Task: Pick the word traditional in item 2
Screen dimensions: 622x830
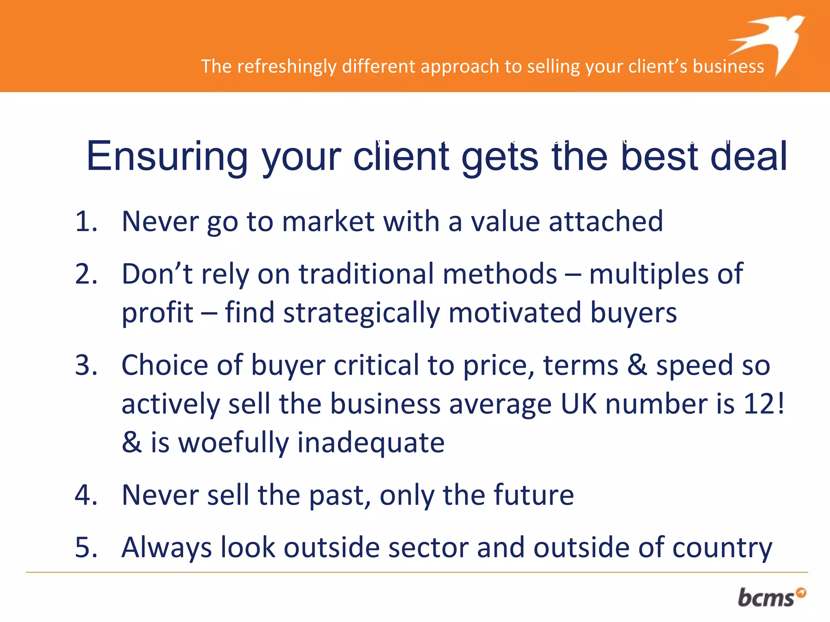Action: (x=367, y=274)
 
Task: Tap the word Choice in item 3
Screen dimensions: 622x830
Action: (x=165, y=365)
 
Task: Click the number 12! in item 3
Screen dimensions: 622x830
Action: (x=764, y=404)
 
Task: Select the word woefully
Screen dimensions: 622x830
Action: (x=233, y=443)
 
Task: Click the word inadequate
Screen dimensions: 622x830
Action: (x=371, y=443)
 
